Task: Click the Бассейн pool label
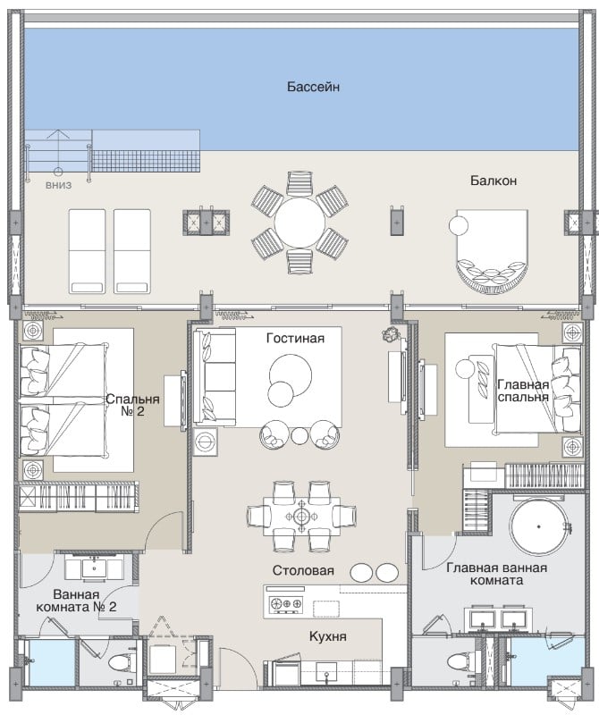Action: pos(313,87)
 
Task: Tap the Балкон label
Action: pos(494,181)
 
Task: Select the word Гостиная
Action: pos(295,339)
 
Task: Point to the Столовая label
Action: pos(303,570)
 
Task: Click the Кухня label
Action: pos(327,636)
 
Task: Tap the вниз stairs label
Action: pos(58,186)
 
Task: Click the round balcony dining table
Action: pos(299,223)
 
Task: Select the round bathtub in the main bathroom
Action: pos(539,526)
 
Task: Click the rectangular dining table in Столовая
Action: pos(301,517)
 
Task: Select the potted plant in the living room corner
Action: pos(391,334)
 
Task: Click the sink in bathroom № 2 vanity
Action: pos(95,568)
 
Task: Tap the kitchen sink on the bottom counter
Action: pos(326,672)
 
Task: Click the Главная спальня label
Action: pos(523,391)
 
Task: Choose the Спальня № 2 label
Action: pos(132,405)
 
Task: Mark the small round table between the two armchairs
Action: pos(299,436)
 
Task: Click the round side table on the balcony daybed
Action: pos(458,226)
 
